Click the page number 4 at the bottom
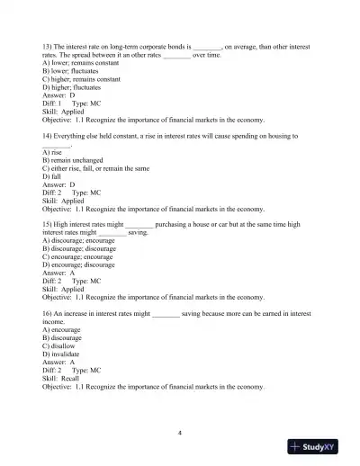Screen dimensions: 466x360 coord(180,433)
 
